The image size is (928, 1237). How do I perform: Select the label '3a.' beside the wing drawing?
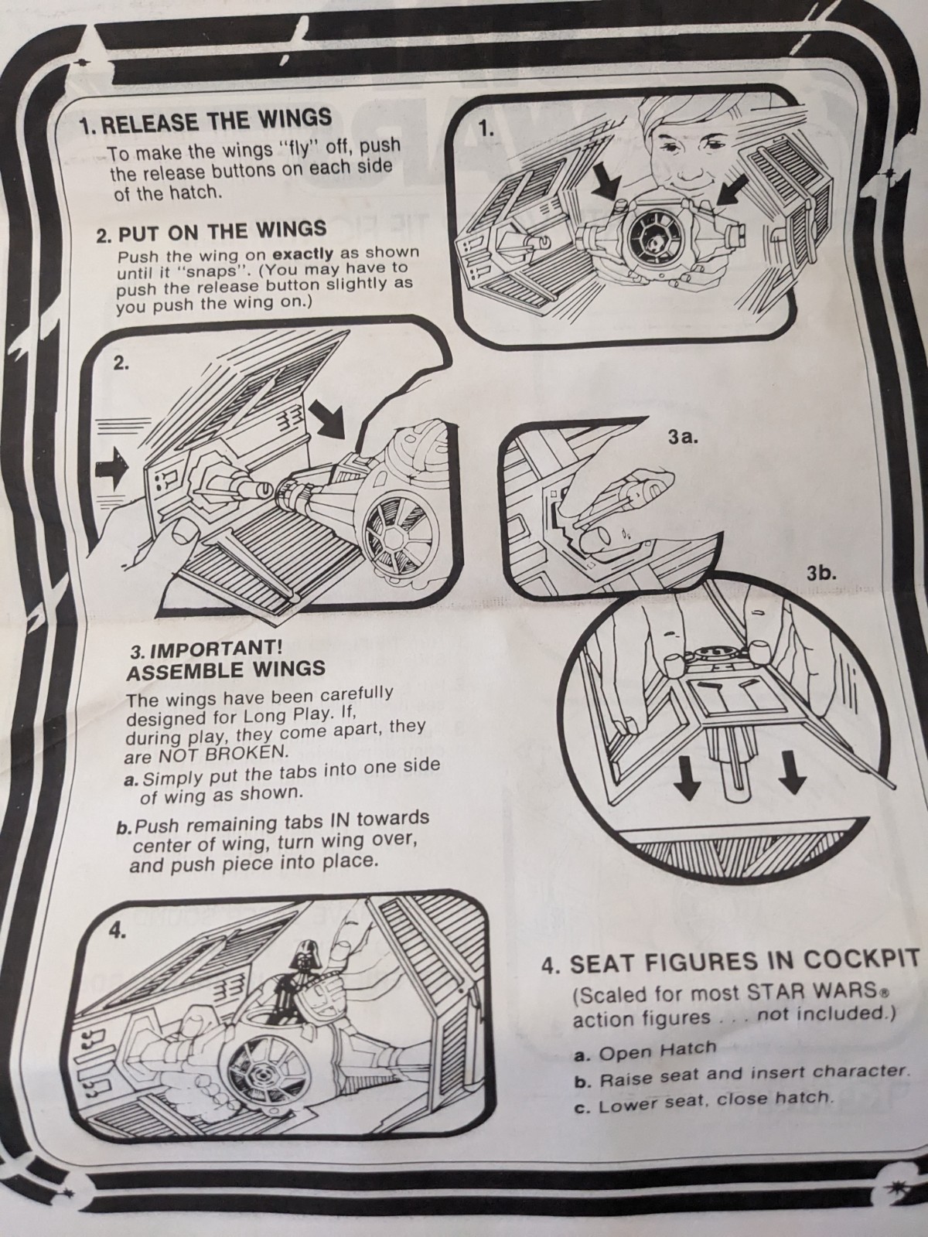(684, 437)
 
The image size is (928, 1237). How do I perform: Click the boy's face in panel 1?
(684, 162)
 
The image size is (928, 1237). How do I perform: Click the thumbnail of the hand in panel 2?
(183, 533)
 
